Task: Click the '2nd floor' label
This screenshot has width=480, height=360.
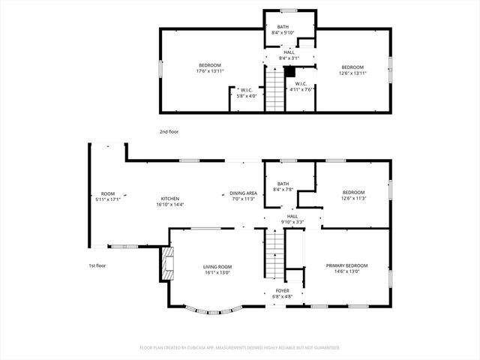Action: [169, 131]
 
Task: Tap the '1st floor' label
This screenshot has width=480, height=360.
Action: [97, 265]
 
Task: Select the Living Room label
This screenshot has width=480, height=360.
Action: [218, 266]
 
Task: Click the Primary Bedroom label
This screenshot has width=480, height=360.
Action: [346, 265]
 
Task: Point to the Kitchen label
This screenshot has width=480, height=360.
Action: [169, 199]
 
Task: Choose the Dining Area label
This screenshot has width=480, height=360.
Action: [243, 193]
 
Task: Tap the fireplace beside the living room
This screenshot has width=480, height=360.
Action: [166, 264]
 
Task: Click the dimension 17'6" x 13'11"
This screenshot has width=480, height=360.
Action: [211, 71]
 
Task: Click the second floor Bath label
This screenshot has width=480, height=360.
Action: [283, 27]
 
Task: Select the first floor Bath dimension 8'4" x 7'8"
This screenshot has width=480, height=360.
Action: [283, 189]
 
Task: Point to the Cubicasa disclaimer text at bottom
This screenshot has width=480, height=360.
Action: [240, 348]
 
